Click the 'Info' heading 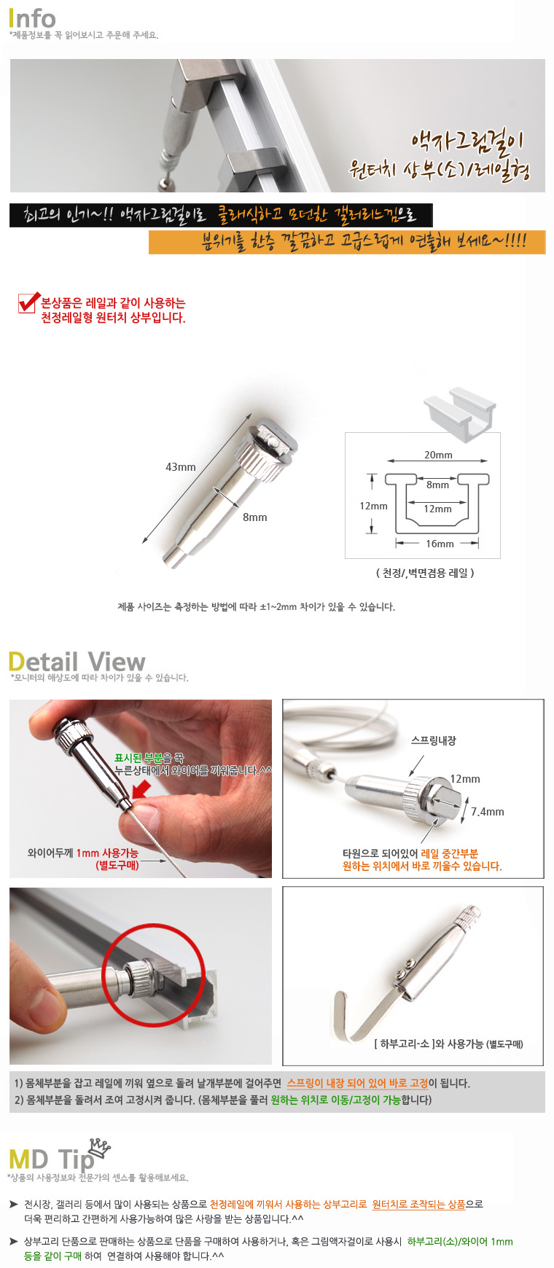click(x=32, y=18)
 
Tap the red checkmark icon click(x=28, y=302)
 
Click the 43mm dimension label click(x=181, y=467)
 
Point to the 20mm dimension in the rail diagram click(x=438, y=455)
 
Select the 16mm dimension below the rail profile click(x=440, y=544)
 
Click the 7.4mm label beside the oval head click(x=488, y=812)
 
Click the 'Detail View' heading click(x=77, y=662)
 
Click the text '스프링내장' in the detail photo click(x=434, y=740)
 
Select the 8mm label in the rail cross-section click(x=437, y=485)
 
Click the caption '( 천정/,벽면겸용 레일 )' click(x=425, y=573)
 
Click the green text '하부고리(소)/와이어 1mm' click(x=460, y=1242)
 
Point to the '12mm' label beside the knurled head click(x=465, y=779)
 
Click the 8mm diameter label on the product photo click(x=255, y=517)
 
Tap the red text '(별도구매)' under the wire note click(x=117, y=865)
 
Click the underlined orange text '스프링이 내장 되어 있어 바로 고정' click(x=357, y=1084)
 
